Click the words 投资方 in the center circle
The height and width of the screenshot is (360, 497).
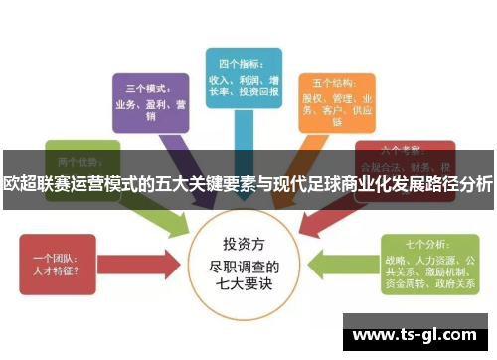[x=245, y=244]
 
